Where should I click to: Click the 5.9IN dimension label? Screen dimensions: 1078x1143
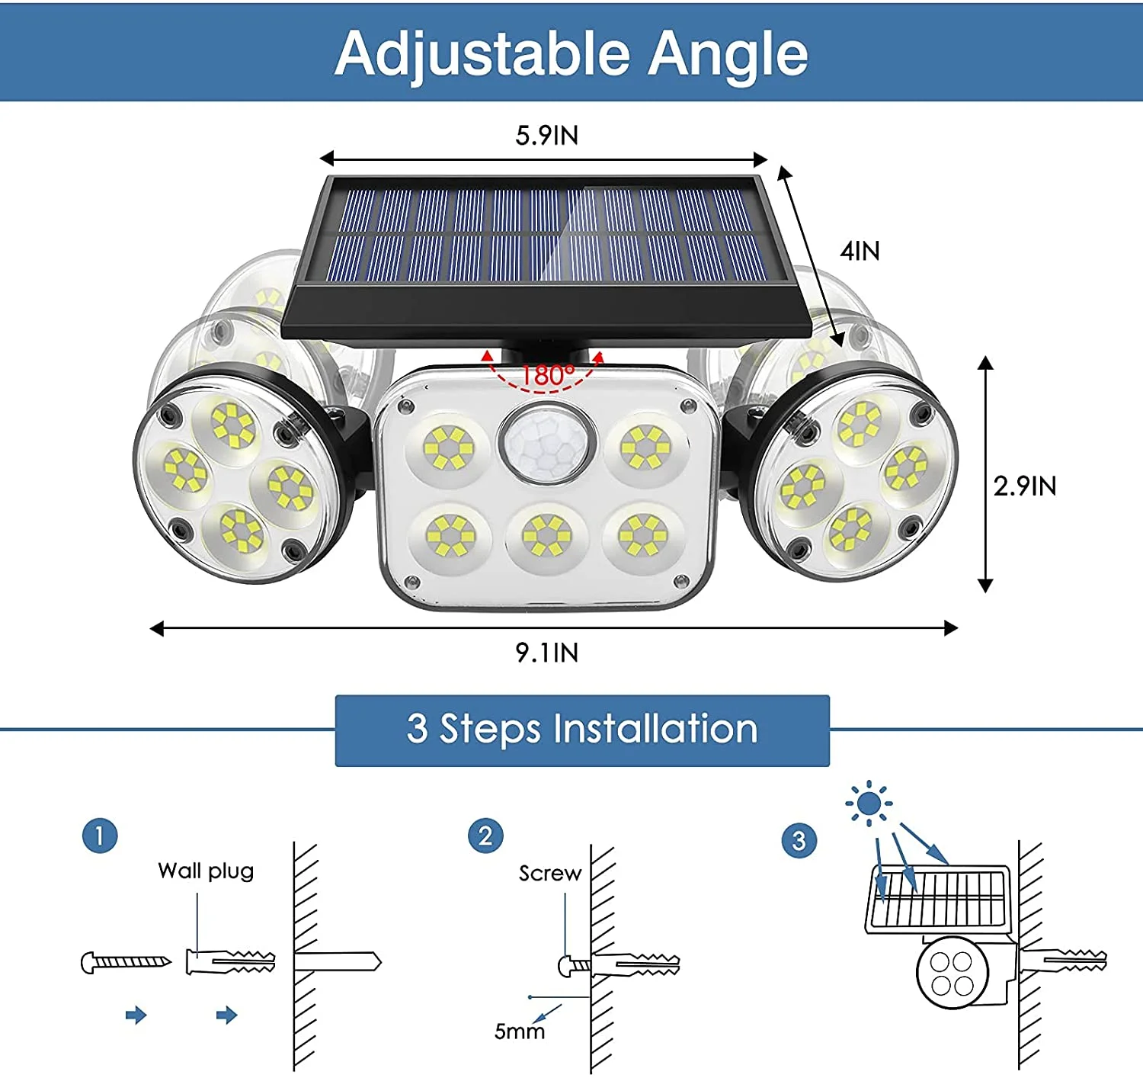tap(546, 136)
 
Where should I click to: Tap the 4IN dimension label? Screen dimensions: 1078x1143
tap(860, 251)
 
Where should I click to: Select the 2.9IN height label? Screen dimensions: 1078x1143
tap(1024, 486)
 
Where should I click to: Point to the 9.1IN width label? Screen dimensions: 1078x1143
tap(546, 653)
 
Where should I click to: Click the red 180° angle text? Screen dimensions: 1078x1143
tap(546, 375)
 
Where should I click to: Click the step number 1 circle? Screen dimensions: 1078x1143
tap(100, 836)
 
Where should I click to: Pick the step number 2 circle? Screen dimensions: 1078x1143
tap(485, 836)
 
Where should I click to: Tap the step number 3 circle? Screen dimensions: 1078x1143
tap(799, 841)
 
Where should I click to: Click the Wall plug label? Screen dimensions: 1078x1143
tap(206, 871)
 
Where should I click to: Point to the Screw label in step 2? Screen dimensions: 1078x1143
tap(549, 873)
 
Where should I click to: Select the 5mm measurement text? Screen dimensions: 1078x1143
tap(520, 1031)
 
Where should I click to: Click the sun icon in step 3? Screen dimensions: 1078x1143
tap(868, 804)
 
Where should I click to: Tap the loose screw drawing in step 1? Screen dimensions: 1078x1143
tap(126, 962)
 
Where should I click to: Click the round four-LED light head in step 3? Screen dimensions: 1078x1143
tap(952, 974)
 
